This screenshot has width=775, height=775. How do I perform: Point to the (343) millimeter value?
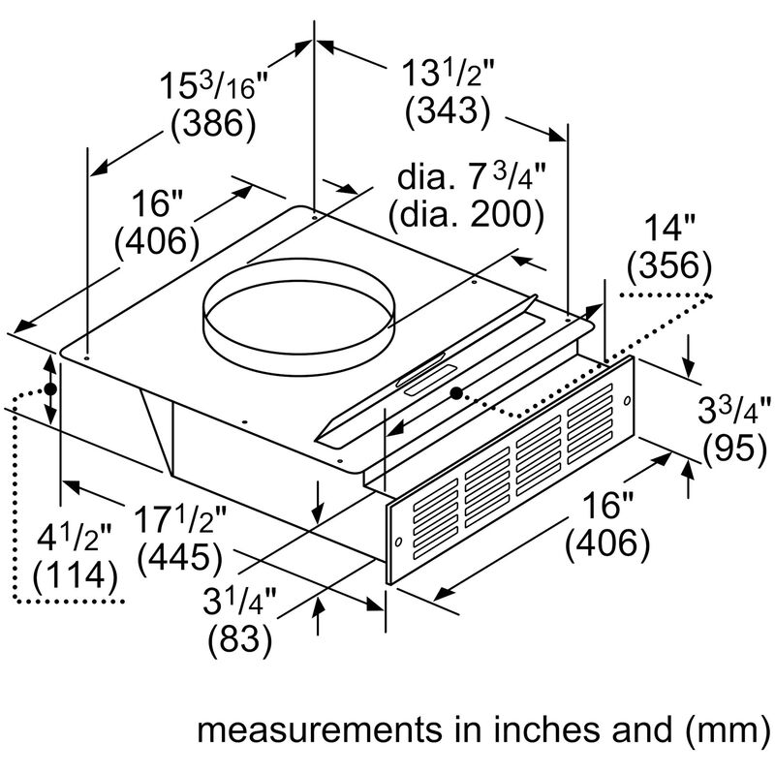[448, 112]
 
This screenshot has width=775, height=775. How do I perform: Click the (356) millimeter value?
[669, 264]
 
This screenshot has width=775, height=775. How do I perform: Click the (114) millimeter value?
[75, 578]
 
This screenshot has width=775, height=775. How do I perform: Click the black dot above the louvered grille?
[454, 393]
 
